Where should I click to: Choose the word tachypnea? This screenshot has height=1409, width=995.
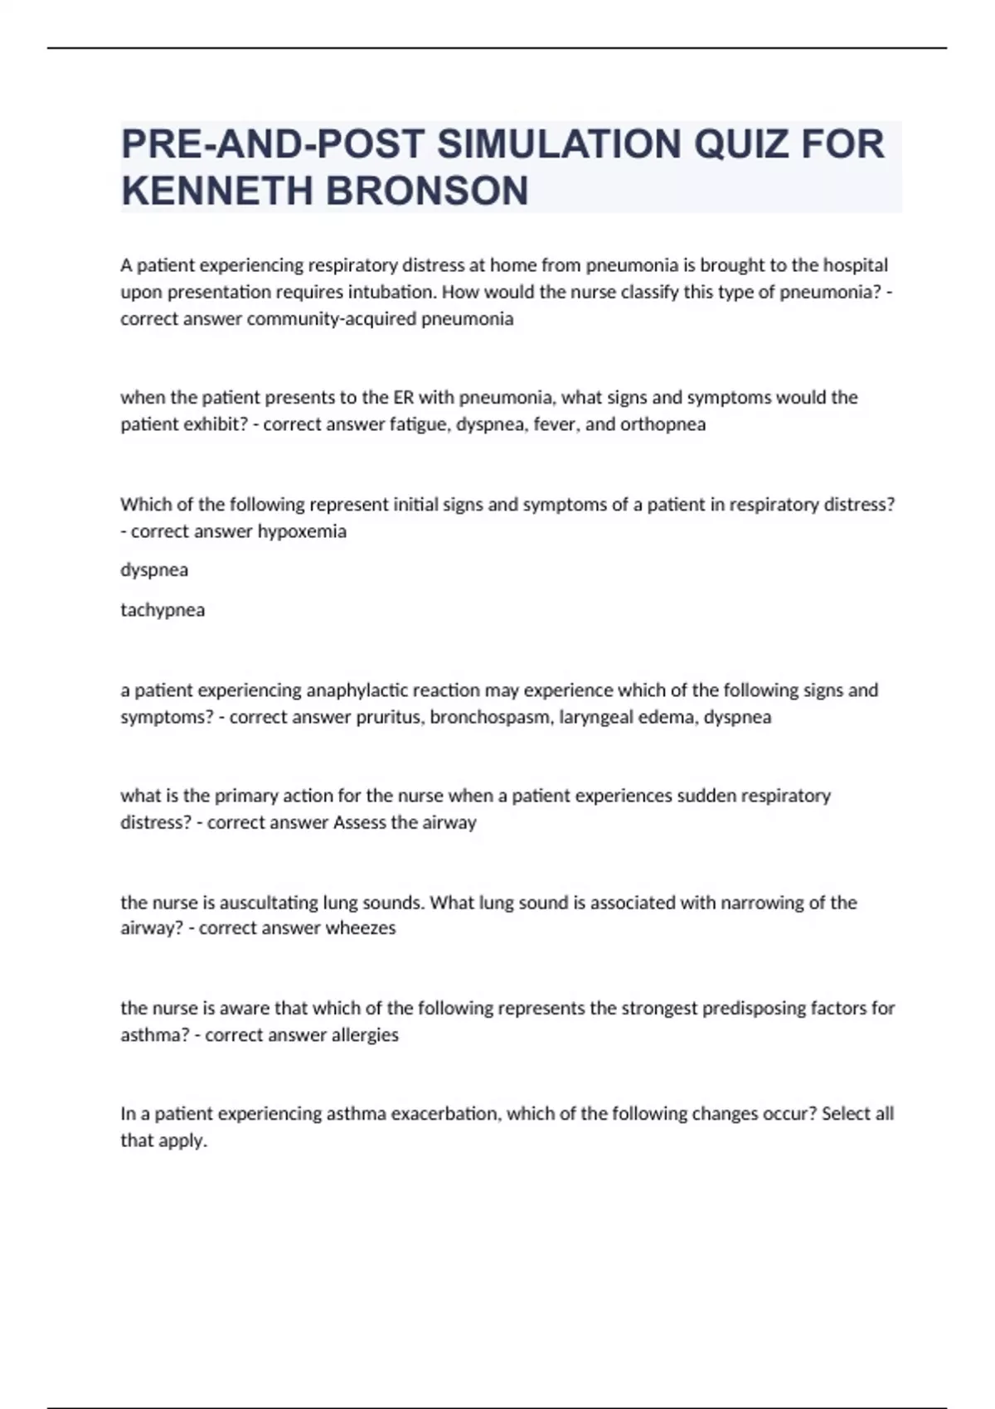pos(163,610)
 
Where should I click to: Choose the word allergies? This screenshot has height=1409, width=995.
pos(365,1035)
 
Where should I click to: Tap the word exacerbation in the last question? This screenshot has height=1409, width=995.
pos(445,1114)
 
